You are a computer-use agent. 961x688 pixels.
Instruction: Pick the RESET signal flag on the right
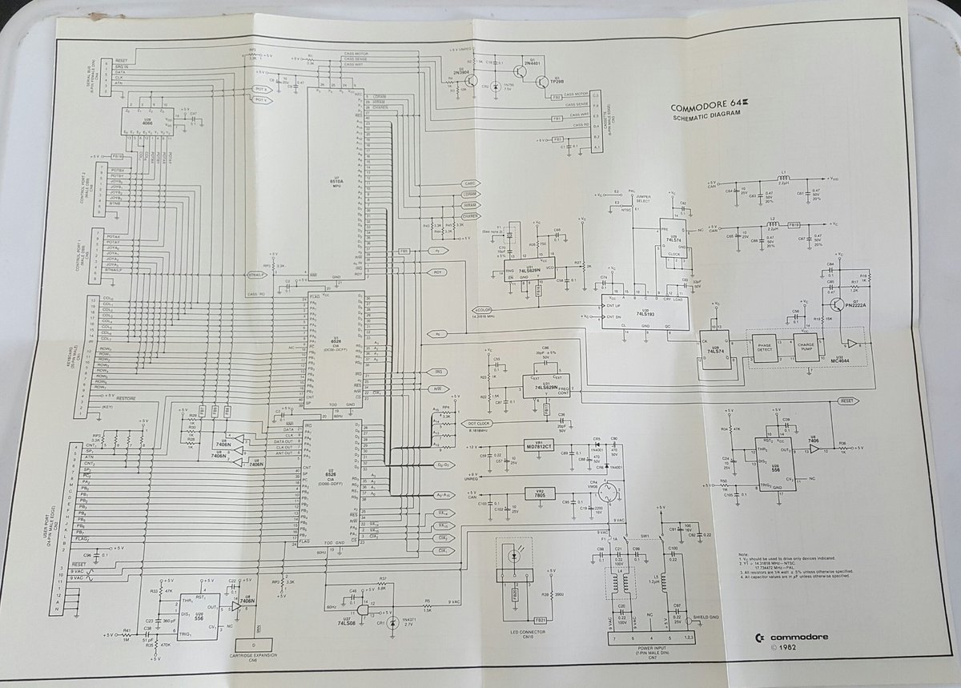click(x=846, y=399)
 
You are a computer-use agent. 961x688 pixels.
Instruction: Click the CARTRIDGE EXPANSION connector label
click(x=254, y=657)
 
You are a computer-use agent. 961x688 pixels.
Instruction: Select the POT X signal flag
click(x=260, y=90)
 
